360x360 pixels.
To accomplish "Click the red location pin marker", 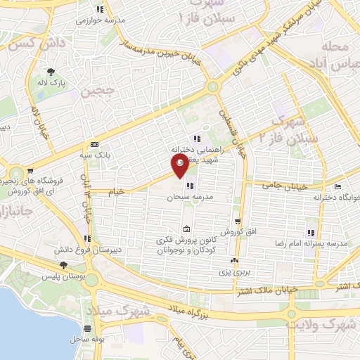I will tap(180, 167).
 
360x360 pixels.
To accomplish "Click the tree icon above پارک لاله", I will tap(50, 72).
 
